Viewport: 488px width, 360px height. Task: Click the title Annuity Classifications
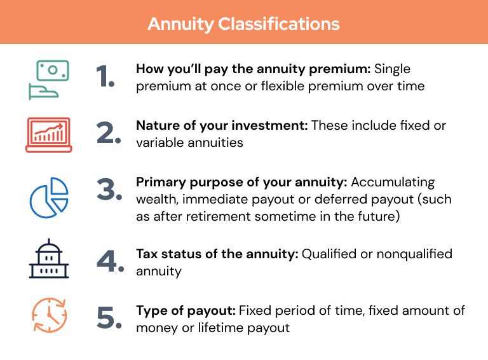(243, 24)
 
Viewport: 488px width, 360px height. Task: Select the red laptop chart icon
(48, 134)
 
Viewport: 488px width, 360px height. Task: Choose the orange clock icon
(49, 316)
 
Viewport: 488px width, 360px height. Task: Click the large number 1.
(105, 77)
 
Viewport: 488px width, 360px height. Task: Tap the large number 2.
(109, 133)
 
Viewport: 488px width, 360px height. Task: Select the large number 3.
(109, 191)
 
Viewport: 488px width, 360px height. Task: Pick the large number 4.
(109, 261)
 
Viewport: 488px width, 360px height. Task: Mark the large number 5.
(109, 318)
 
